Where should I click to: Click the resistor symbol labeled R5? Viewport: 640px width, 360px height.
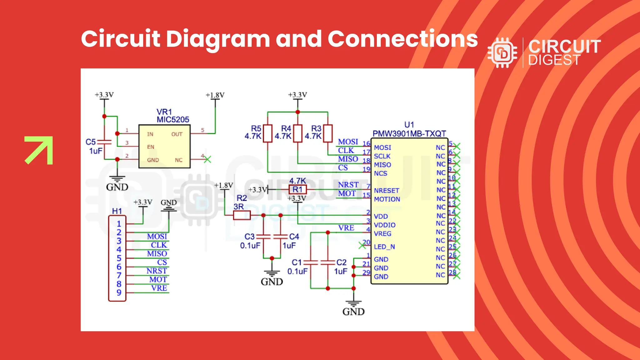point(267,133)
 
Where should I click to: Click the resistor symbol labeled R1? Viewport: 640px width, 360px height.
point(297,189)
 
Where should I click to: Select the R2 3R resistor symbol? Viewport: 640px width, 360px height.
point(242,215)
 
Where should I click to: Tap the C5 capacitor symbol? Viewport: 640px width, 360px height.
point(104,142)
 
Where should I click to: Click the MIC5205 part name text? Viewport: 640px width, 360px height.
point(173,120)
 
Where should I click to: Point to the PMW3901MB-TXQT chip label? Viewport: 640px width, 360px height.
point(409,134)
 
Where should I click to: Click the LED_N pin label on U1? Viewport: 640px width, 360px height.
point(384,247)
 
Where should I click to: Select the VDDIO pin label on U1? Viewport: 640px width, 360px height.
point(385,225)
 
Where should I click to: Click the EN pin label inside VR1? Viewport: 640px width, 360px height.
point(151,147)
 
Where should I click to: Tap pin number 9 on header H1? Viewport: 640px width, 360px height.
point(119,293)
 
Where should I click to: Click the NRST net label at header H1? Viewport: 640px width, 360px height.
point(157,271)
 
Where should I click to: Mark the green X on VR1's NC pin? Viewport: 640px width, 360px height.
point(207,159)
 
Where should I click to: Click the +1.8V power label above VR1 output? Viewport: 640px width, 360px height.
point(215,95)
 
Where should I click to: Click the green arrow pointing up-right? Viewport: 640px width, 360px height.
point(39,150)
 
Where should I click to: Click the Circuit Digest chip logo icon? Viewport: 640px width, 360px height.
point(502,53)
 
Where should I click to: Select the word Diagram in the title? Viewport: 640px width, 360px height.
point(217,39)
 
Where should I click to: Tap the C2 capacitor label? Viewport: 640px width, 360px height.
point(341,262)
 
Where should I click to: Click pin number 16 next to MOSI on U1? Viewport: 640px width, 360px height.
point(366,144)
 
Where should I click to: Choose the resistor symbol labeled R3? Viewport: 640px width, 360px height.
point(328,133)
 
